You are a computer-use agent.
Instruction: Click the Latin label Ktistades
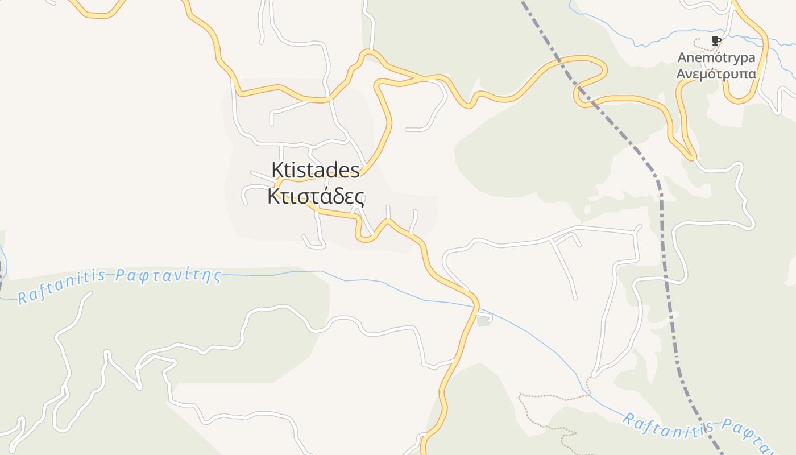coord(316,170)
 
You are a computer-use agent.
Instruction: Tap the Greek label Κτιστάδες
coord(316,197)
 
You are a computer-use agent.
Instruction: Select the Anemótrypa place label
coord(716,57)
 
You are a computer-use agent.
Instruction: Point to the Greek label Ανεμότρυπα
coord(716,75)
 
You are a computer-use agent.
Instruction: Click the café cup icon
coord(716,40)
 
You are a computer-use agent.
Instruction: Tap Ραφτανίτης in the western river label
coord(168,276)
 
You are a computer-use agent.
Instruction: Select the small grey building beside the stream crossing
coord(483,321)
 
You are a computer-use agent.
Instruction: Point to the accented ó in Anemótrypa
coord(718,57)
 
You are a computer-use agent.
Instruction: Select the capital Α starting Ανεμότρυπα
coord(680,75)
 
